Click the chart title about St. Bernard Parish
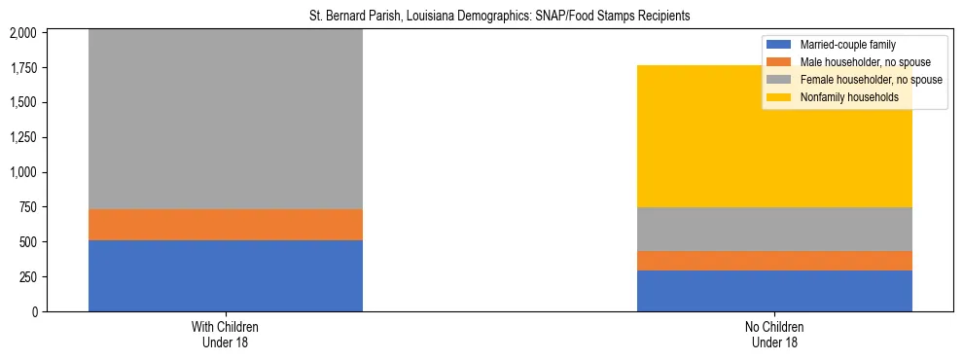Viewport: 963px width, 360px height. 481,17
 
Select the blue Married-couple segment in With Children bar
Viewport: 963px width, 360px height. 226,275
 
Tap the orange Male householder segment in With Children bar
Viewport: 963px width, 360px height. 226,225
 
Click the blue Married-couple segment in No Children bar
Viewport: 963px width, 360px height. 774,291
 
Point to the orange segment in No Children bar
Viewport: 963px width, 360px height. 774,261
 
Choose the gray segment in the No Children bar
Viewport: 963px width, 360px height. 774,230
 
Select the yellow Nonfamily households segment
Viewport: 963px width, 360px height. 774,136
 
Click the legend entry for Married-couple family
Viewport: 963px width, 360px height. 847,45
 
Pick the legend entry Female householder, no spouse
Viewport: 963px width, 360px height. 869,80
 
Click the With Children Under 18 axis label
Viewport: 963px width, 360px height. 226,335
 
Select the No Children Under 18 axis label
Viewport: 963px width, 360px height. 774,335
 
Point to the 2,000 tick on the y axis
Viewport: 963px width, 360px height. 21,33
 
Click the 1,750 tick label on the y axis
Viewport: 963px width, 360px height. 21,68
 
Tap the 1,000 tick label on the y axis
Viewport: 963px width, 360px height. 21,172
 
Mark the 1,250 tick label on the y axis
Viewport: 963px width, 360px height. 21,137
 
